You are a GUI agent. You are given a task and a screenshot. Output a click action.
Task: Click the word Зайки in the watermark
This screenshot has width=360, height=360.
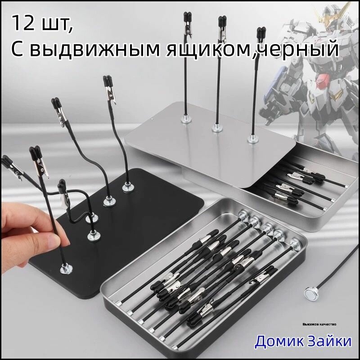tap(329, 341)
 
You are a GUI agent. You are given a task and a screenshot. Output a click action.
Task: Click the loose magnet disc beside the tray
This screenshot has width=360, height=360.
tap(312, 293)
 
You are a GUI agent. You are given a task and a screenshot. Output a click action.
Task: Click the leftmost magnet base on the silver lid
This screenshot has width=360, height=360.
tap(185, 119)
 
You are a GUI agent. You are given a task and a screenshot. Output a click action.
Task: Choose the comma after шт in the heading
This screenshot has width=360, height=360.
tap(71, 30)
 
